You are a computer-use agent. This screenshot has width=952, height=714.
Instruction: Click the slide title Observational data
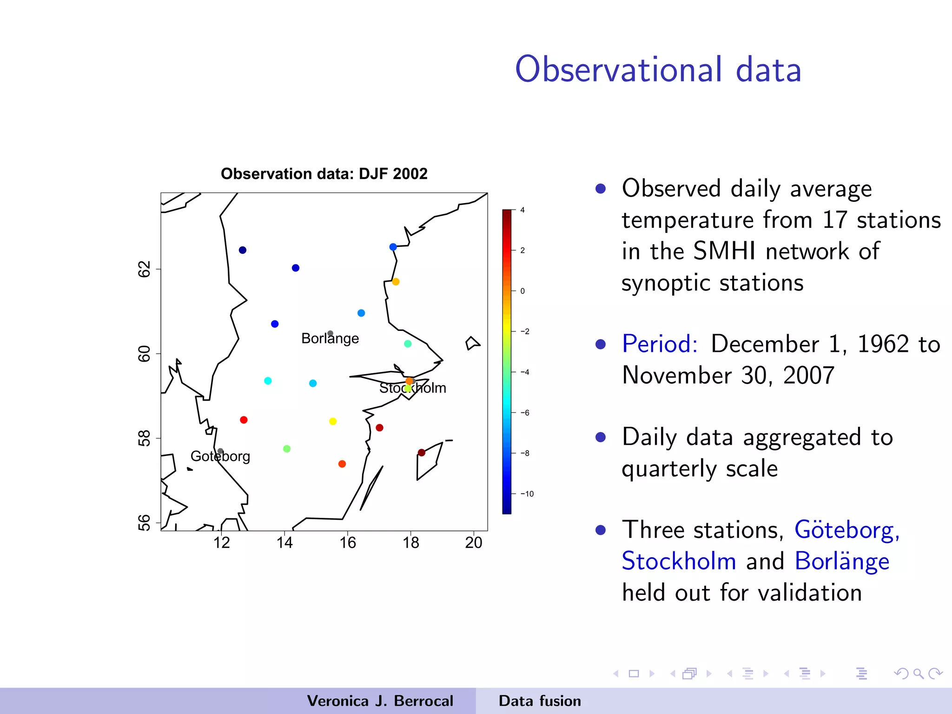[x=658, y=70]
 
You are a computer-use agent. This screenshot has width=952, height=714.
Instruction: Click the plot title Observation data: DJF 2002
[x=324, y=174]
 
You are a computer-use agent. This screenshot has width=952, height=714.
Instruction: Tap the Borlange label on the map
[x=330, y=338]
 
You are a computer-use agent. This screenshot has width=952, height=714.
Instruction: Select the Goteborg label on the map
[x=220, y=456]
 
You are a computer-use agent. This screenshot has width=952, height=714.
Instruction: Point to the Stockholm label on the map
[x=412, y=388]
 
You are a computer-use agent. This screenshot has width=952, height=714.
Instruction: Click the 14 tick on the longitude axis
[x=284, y=542]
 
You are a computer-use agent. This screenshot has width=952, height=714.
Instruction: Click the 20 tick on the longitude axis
[x=474, y=542]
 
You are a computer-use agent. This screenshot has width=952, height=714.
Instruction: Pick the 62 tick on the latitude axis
[x=145, y=269]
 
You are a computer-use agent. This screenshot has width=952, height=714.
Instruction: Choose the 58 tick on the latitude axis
[x=145, y=438]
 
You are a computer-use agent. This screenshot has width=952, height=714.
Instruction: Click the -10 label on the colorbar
[x=527, y=494]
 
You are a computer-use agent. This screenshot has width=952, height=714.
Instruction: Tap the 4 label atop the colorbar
[x=522, y=210]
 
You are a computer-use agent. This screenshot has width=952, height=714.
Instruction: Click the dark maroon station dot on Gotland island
[x=422, y=453]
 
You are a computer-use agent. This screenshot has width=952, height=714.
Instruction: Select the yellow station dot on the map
[x=333, y=422]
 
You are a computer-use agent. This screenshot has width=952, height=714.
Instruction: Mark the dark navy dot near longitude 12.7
[x=243, y=250]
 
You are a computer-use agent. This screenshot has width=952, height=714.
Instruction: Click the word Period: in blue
[x=660, y=344]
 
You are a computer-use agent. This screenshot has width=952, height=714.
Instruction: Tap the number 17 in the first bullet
[x=835, y=220]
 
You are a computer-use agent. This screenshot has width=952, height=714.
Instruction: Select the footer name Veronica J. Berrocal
[x=380, y=701]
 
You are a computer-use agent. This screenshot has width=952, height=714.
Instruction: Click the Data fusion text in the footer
[x=540, y=701]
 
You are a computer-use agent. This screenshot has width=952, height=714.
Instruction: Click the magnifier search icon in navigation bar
[x=918, y=674]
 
